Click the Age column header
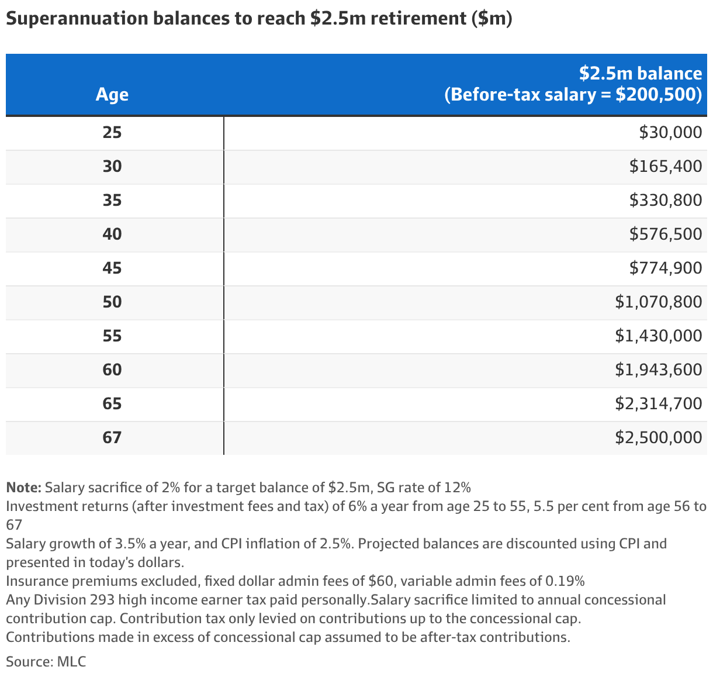pos(112,94)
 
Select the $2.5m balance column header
pos(573,84)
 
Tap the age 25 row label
pos(112,133)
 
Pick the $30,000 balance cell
pos(670,133)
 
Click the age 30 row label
pos(112,166)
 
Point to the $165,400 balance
pos(666,166)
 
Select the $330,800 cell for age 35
pos(666,201)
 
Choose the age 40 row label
pos(112,234)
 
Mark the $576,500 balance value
pos(666,234)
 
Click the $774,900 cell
pos(666,268)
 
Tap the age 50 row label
pos(112,302)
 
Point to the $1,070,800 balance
pos(658,302)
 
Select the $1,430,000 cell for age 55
pos(658,336)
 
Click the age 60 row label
pos(112,369)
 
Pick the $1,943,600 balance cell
pos(658,369)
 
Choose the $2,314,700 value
pos(658,404)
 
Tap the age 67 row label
pos(112,437)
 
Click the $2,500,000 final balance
pos(658,437)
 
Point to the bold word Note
pos(24,488)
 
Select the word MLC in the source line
pos(71,662)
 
